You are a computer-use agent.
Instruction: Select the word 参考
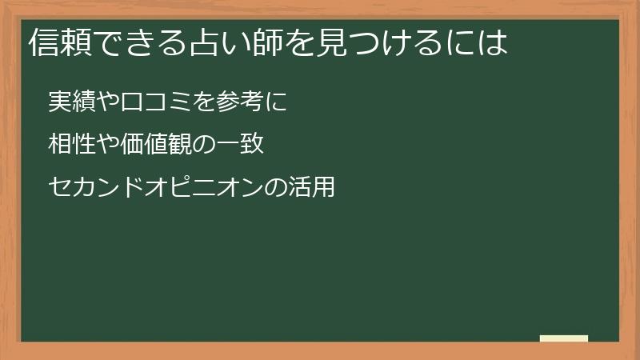(x=238, y=103)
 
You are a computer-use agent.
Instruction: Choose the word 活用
(x=310, y=188)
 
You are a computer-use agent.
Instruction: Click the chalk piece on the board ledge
(x=564, y=338)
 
